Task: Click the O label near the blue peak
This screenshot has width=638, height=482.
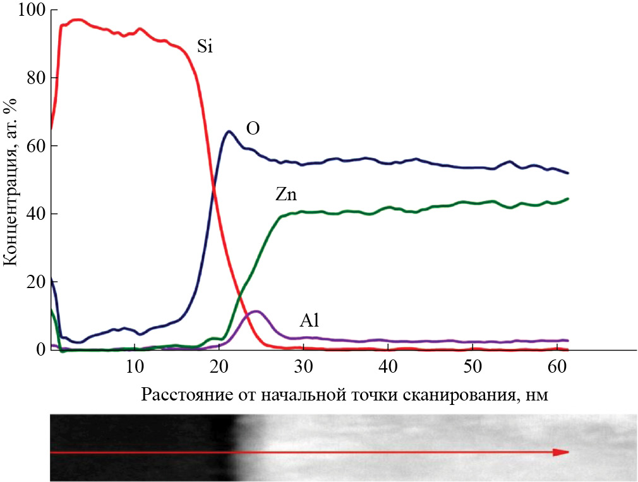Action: [253, 129]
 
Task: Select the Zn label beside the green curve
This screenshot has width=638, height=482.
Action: [286, 195]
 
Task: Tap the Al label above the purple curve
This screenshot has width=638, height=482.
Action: [310, 321]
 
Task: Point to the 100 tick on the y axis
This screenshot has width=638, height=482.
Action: [29, 10]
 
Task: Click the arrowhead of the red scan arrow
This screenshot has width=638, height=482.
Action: [561, 452]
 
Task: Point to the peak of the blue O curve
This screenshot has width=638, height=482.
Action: [229, 131]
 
